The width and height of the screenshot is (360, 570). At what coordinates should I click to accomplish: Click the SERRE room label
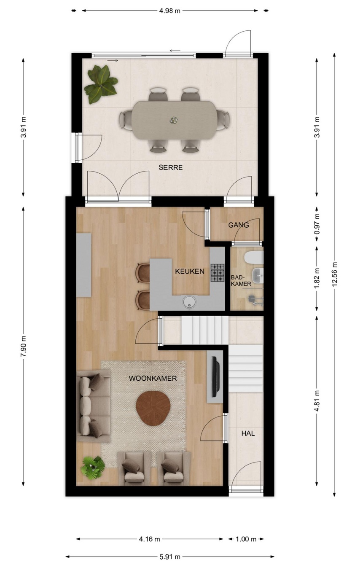[170, 167]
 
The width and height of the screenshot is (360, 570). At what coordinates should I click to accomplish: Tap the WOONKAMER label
[153, 379]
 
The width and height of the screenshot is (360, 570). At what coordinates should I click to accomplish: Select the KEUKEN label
[190, 272]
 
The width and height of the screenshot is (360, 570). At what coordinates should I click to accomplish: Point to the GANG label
[239, 225]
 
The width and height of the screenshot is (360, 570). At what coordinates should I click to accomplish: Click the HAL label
[248, 433]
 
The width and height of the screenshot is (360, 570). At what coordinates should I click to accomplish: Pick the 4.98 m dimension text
[170, 11]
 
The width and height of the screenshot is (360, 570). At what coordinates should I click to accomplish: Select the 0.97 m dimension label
[317, 224]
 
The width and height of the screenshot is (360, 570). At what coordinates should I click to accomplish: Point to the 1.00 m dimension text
[246, 539]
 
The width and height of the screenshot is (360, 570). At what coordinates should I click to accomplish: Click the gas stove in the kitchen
[217, 273]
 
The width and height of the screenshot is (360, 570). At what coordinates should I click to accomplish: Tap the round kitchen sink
[189, 302]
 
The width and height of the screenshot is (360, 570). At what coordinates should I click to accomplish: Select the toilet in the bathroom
[253, 258]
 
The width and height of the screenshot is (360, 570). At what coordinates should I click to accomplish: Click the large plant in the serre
[101, 84]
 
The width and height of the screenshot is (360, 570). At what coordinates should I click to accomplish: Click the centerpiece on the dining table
[174, 120]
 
